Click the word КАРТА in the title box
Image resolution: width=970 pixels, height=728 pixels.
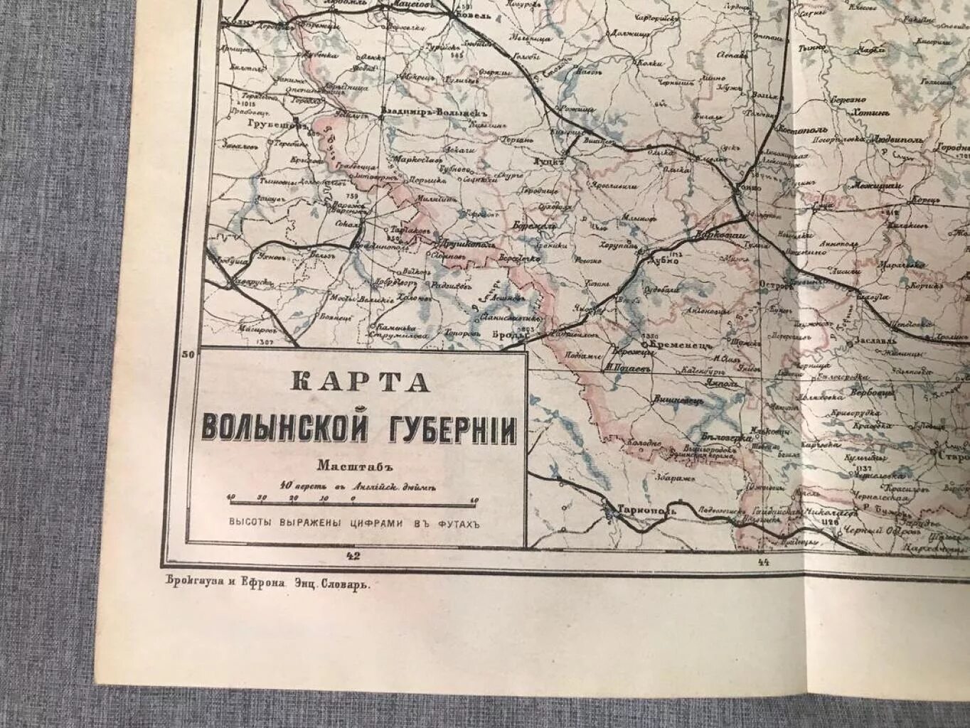click(361, 382)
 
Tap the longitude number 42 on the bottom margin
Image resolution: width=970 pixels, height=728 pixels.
click(352, 555)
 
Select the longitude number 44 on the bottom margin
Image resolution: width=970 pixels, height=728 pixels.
click(764, 562)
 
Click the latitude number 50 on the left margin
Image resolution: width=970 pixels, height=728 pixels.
click(188, 353)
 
